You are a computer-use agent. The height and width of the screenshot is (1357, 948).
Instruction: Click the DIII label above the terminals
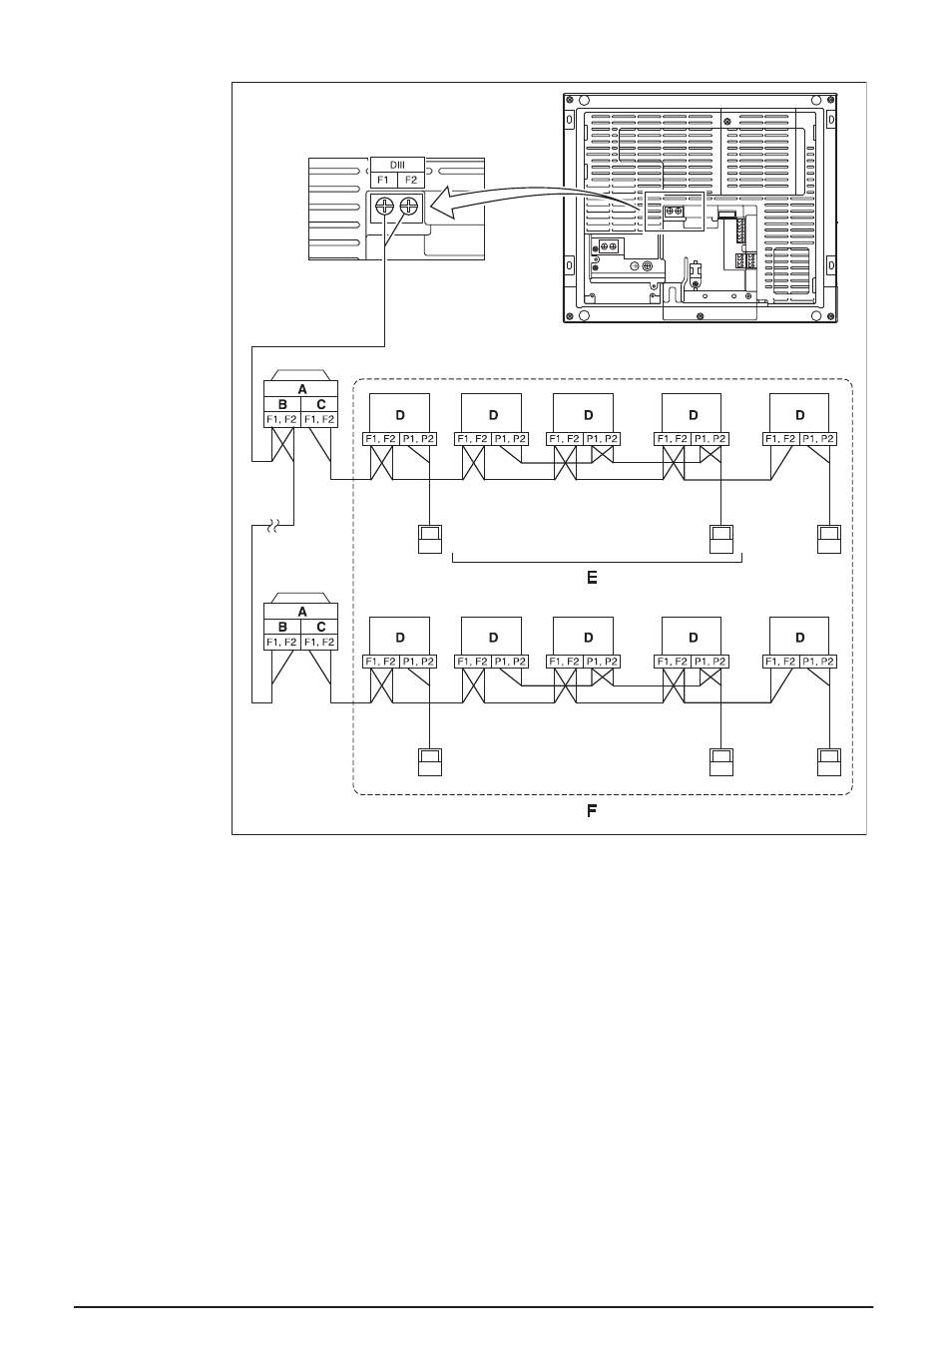[397, 165]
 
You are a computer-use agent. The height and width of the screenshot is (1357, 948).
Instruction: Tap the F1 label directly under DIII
[384, 181]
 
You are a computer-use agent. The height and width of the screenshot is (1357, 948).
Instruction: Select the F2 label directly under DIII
[411, 181]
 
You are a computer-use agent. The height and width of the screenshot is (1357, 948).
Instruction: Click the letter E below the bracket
[592, 578]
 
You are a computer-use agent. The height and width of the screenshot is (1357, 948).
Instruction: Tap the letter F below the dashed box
[591, 811]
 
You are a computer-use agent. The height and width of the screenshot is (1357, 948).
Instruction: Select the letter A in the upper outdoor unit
[301, 389]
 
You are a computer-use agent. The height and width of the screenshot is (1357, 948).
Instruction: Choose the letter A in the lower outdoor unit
[301, 612]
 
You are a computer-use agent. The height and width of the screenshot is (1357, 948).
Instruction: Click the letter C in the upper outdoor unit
[320, 404]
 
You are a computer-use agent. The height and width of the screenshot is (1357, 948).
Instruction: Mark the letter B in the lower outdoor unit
[282, 627]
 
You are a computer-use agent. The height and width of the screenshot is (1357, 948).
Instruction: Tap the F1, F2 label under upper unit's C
[320, 419]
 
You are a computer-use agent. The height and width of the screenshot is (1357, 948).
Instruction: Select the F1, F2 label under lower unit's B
[281, 642]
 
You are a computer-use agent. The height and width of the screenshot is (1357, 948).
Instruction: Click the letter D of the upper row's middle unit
[588, 414]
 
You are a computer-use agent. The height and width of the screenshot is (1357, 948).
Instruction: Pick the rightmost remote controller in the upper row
[828, 538]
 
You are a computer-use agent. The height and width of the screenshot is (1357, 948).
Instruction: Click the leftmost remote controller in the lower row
[429, 761]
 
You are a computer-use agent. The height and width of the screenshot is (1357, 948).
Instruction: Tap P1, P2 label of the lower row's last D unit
[818, 662]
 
